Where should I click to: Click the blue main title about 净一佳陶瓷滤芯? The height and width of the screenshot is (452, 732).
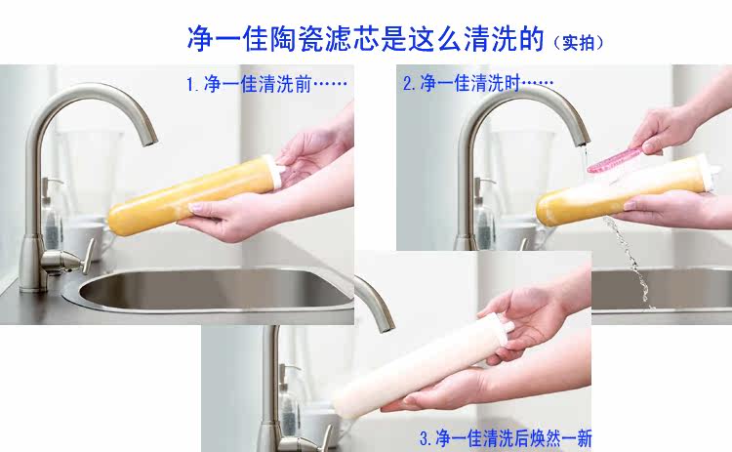point(366,38)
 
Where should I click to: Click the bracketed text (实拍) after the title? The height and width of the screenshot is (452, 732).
point(579,43)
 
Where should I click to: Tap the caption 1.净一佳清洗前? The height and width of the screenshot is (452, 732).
point(266,84)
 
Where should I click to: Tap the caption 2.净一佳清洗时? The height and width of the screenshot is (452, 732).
point(478,83)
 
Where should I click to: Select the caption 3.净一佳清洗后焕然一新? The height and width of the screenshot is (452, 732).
point(506,438)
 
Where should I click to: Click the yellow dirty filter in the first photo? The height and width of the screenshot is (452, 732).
point(196,193)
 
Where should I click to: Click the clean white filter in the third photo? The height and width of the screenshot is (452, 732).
point(423,366)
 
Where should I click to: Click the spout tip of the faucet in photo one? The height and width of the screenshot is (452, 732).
point(150,140)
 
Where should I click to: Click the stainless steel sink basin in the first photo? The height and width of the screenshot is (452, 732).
point(215,290)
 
